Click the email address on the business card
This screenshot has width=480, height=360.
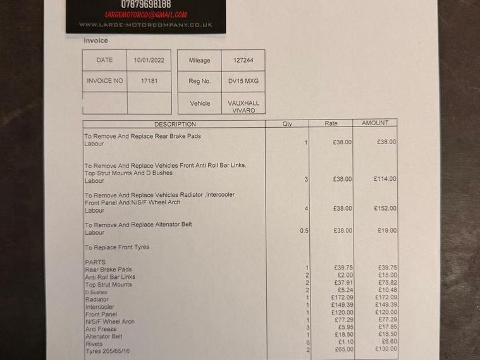[x=146, y=15]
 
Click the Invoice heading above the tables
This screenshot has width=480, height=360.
[x=96, y=40]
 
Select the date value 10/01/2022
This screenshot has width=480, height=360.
[x=149, y=61]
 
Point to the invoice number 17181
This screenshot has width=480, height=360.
[x=149, y=81]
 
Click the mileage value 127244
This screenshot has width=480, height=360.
[x=243, y=61]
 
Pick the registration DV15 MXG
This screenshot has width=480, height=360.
[x=243, y=81]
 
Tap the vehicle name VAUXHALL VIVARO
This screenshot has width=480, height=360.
[x=243, y=106]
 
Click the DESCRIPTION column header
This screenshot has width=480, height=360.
[x=175, y=124]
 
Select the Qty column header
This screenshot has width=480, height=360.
[x=287, y=124]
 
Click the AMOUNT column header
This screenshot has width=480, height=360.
[x=375, y=123]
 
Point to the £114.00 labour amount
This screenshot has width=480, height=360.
[x=385, y=179]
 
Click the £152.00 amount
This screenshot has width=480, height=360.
[x=385, y=208]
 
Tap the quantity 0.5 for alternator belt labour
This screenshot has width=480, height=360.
[x=304, y=231]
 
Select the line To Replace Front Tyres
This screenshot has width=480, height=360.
[x=118, y=247]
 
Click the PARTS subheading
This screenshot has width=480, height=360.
[x=95, y=262]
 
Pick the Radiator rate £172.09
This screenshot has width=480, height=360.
[x=342, y=297]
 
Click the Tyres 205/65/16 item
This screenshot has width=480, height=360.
[x=108, y=351]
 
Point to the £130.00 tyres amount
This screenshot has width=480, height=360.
[x=385, y=349]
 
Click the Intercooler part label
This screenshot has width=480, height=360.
[x=100, y=307]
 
